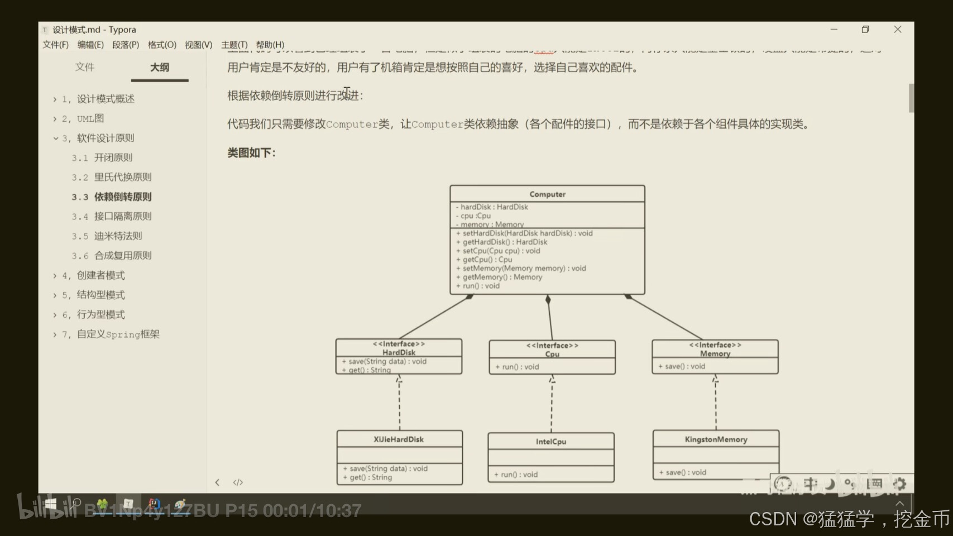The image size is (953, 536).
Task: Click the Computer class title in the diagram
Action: pos(547,194)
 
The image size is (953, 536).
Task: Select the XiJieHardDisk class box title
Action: pos(399,439)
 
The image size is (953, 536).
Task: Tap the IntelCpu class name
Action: pos(551,442)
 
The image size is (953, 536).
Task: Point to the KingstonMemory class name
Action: pos(716,439)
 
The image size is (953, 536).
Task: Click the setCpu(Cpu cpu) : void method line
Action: pos(501,251)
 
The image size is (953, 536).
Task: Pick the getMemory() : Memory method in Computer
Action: pos(502,277)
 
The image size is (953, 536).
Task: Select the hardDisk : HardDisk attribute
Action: pos(494,207)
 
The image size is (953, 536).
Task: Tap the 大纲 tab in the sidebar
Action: pos(159,68)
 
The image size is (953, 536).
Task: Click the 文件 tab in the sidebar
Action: pos(85,68)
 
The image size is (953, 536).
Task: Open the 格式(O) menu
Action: pos(162,45)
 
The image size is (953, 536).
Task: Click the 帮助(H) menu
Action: pos(270,45)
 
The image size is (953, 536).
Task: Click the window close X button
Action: pos(898,30)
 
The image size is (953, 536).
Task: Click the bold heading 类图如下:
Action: pos(251,153)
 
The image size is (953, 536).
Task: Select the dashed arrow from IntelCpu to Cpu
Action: pos(552,405)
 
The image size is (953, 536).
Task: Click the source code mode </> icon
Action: pos(238,482)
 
